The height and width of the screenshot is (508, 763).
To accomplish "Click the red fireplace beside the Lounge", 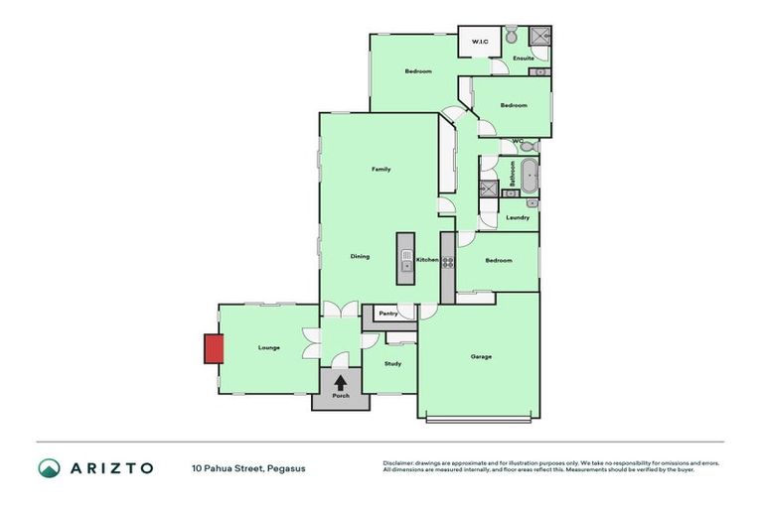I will pos(213,348).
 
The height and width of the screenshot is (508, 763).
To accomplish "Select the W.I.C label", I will pos(477,42).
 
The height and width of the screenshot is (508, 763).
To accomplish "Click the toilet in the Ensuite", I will pos(510,37).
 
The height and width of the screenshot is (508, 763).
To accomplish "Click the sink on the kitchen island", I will pos(406,265).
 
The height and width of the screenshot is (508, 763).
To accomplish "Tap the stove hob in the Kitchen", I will pos(448,263).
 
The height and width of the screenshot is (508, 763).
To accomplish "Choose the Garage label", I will pos(481,356).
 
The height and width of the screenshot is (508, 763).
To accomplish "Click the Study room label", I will pos(393,364).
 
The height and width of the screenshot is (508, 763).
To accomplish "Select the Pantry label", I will pos(387,314).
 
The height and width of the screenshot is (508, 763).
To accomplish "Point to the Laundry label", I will pos(517,217).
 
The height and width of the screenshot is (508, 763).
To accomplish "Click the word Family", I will pos(381,169).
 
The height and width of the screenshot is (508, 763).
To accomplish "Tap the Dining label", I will pos(360,256).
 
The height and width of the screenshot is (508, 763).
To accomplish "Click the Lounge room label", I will pos(268,347).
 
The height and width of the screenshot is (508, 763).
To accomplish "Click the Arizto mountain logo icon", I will pos(50,467).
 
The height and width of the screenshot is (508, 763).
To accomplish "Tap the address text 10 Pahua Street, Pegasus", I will pos(249,467).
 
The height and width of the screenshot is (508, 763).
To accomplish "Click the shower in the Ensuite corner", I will pos(539,39).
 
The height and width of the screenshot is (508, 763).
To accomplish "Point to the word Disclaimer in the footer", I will pos(397,462).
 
